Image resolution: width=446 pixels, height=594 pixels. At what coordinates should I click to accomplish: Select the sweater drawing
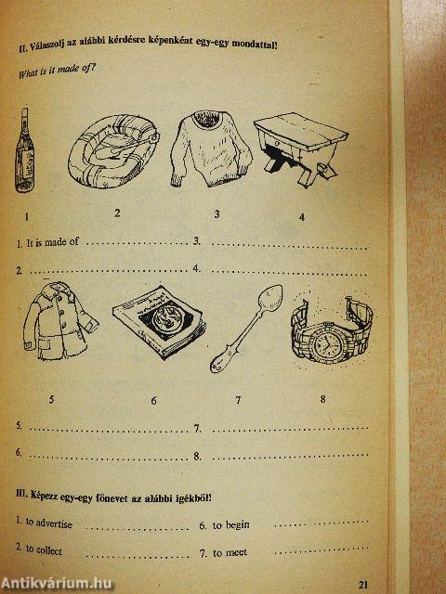(213, 149)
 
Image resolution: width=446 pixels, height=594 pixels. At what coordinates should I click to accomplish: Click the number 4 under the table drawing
(301, 218)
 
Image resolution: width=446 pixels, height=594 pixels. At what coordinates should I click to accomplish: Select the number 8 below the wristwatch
(322, 400)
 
